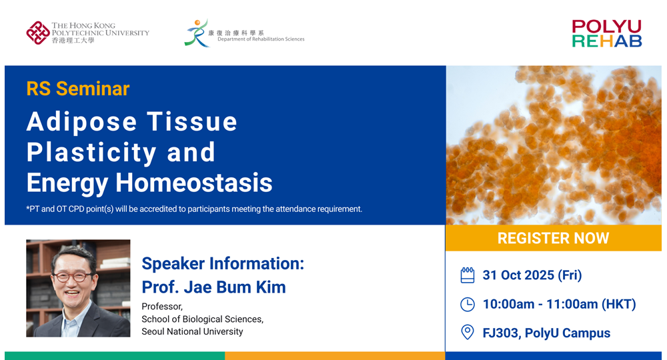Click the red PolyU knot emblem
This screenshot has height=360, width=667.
point(38,33)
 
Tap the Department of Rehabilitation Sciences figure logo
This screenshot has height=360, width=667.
point(197,33)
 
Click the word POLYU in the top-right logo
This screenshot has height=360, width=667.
point(606,27)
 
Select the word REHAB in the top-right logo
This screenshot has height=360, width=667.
point(606,41)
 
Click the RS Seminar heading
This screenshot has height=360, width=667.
point(78,89)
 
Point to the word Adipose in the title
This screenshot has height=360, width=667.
point(81,123)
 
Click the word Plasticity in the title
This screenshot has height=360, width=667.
point(91,152)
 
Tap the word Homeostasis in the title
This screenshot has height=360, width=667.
point(194,183)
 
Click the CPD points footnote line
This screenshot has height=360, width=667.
point(194,209)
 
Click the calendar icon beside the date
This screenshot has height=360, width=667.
point(468,275)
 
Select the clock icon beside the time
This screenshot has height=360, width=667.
point(468,304)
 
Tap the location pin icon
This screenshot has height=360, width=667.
point(468,333)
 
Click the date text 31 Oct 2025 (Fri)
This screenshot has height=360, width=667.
point(532,275)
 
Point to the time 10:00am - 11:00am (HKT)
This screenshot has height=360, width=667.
point(560,304)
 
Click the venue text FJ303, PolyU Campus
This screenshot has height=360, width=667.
point(546,333)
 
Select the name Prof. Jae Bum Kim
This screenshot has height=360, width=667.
point(213,287)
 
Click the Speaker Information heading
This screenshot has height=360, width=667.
point(223,264)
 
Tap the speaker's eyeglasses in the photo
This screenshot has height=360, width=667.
point(73,277)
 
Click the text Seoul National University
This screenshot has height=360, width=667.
point(192,331)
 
